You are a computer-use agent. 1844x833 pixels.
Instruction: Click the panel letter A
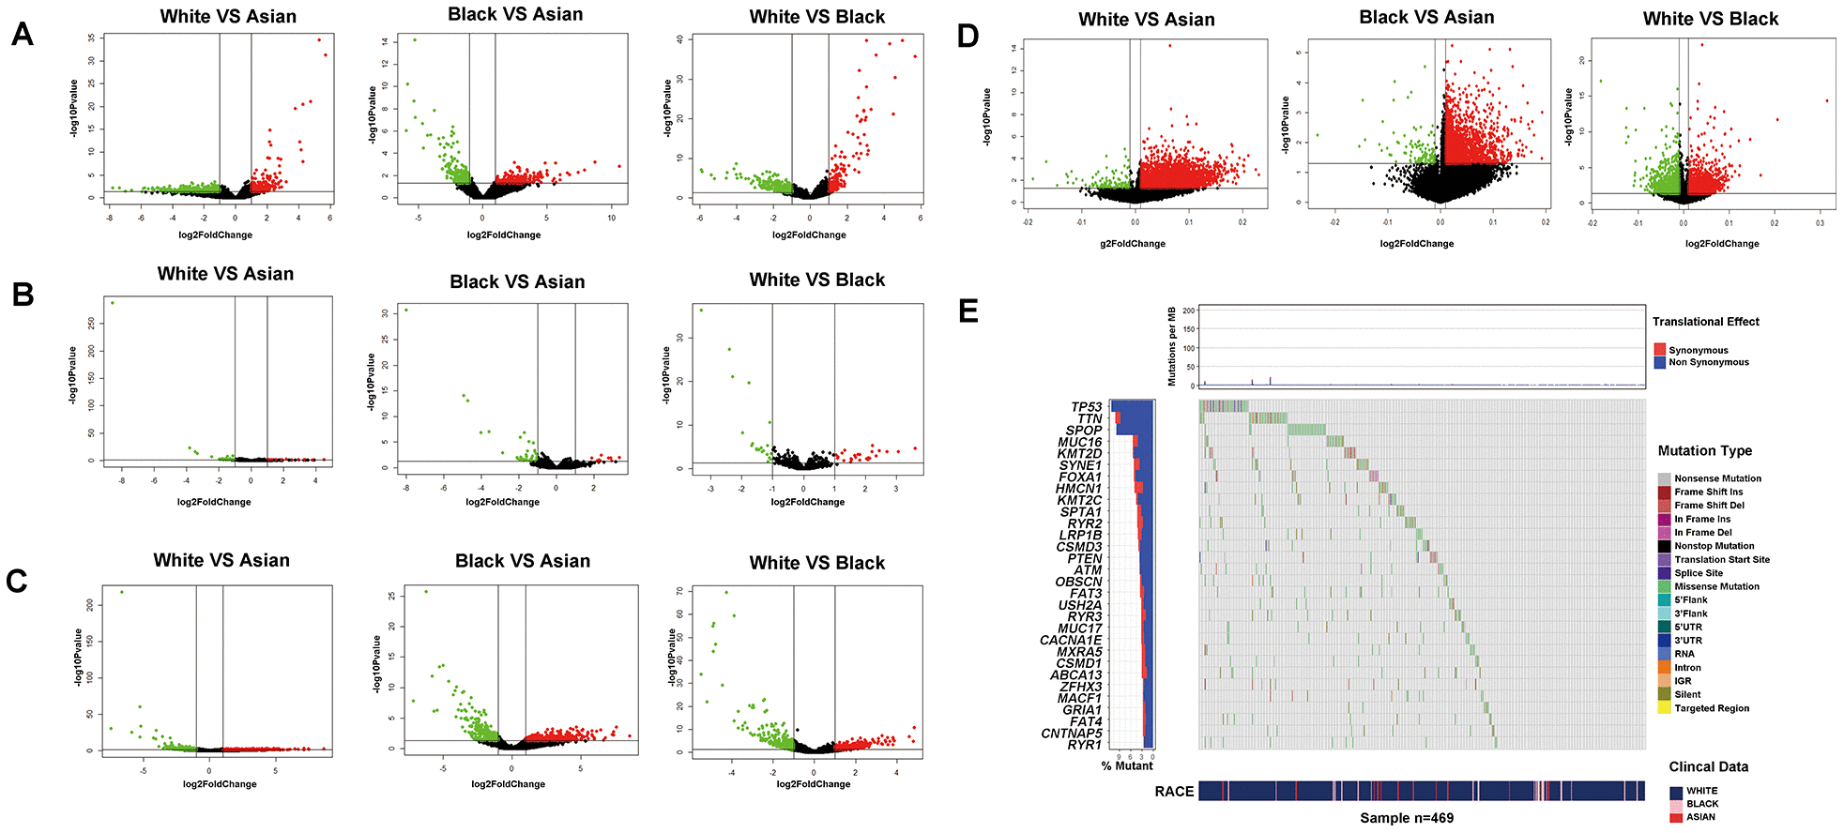coord(23,35)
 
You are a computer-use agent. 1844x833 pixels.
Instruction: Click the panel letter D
coord(968,37)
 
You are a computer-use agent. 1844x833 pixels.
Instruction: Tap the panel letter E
coord(968,310)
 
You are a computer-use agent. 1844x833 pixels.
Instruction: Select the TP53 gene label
coord(1086,407)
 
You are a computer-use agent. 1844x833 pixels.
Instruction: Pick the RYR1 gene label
coord(1084,745)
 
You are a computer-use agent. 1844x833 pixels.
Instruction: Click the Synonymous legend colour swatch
coord(1660,350)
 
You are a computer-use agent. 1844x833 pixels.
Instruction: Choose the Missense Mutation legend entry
coord(1716,586)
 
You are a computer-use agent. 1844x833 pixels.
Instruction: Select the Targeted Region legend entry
coord(1711,708)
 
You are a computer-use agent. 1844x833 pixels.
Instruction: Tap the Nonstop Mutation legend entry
coord(1714,546)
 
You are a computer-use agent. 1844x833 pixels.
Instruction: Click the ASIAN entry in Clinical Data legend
coord(1699,817)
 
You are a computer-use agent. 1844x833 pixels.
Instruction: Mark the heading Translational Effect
coord(1705,322)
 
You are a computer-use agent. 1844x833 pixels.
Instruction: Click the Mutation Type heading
coord(1704,451)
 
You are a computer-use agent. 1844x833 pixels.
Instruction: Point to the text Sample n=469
coord(1406,818)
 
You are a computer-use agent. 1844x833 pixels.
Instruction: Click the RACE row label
coord(1174,792)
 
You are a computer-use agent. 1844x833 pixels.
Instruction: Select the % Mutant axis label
coord(1127,766)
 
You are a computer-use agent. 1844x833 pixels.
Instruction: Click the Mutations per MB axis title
coord(1171,346)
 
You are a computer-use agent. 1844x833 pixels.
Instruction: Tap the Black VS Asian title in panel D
coord(1425,18)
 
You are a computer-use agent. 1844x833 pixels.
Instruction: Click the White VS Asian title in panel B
coord(225,274)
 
